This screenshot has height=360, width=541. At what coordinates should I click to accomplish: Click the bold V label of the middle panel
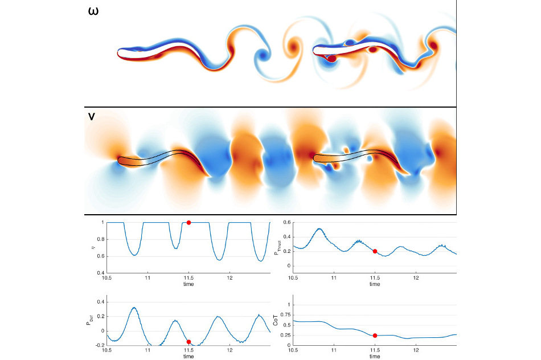pyautogui.click(x=92, y=117)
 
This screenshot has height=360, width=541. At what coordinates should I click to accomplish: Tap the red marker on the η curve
pyautogui.click(x=188, y=222)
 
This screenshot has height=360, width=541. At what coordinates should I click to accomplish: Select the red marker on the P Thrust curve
pyautogui.click(x=375, y=251)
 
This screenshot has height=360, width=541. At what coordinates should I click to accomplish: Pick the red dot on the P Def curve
pyautogui.click(x=188, y=342)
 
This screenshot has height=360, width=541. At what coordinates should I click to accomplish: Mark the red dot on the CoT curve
pyautogui.click(x=375, y=336)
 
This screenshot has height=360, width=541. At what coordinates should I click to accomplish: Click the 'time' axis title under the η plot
pyautogui.click(x=188, y=283)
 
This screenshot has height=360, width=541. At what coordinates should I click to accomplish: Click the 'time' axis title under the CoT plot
pyautogui.click(x=375, y=356)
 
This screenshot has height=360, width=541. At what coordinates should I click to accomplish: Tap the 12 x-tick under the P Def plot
pyautogui.click(x=230, y=350)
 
